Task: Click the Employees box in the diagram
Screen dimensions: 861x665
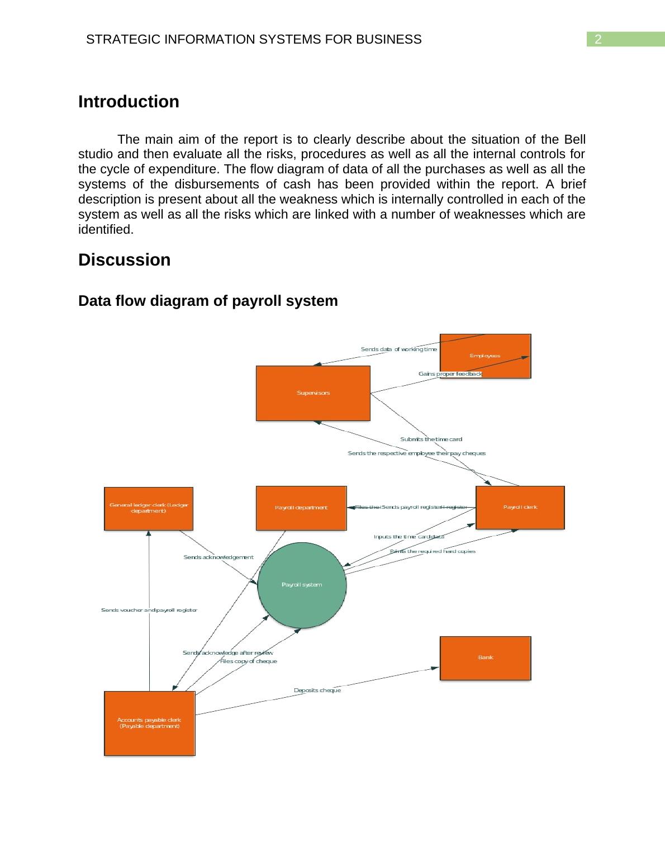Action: point(485,356)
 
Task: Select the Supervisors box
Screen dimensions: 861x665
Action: point(313,393)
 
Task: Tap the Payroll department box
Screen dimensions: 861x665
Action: point(301,508)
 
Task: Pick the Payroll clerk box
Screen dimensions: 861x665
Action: point(520,507)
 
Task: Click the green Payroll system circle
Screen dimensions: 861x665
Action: point(302,585)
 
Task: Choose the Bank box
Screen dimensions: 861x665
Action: point(485,657)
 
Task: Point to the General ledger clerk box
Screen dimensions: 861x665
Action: point(149,508)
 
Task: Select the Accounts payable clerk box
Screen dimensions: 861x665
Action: point(149,723)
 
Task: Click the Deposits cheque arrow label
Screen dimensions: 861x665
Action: point(317,690)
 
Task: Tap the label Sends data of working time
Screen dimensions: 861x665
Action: point(398,349)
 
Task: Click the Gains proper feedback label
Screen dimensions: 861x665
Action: point(450,373)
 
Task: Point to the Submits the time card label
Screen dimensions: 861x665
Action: point(431,439)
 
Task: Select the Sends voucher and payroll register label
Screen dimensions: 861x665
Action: point(149,610)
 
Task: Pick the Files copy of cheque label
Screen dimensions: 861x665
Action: point(249,661)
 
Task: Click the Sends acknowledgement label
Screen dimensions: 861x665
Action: point(218,557)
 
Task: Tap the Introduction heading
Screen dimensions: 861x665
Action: point(129,102)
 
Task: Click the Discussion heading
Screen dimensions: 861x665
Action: point(124,260)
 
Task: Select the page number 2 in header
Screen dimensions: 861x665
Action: point(598,40)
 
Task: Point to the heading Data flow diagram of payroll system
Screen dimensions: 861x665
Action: point(208,301)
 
